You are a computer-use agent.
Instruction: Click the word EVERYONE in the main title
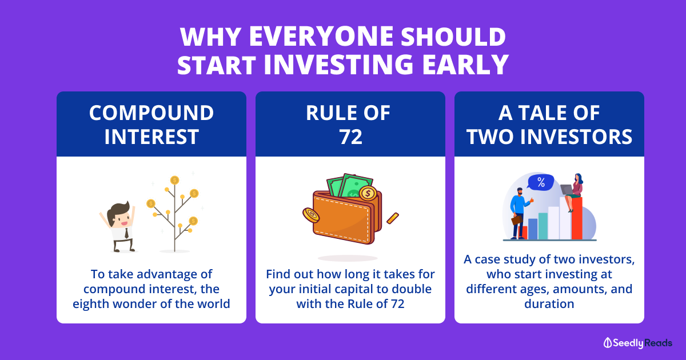click(x=321, y=37)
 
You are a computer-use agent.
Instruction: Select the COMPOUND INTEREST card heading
click(x=151, y=125)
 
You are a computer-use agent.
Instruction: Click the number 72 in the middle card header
click(x=350, y=137)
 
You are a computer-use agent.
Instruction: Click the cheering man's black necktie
click(x=126, y=233)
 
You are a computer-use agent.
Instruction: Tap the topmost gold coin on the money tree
click(x=174, y=180)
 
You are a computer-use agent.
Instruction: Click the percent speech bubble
click(x=541, y=182)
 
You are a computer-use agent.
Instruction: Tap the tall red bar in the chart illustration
click(x=577, y=218)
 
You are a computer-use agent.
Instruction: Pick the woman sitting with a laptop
click(x=573, y=192)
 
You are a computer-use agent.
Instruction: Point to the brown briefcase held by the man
click(x=516, y=221)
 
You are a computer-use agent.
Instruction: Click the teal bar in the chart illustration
click(x=543, y=226)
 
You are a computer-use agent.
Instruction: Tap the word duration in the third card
click(x=549, y=304)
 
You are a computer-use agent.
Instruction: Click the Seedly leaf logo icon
click(x=607, y=343)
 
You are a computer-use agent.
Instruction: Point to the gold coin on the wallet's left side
click(x=311, y=215)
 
